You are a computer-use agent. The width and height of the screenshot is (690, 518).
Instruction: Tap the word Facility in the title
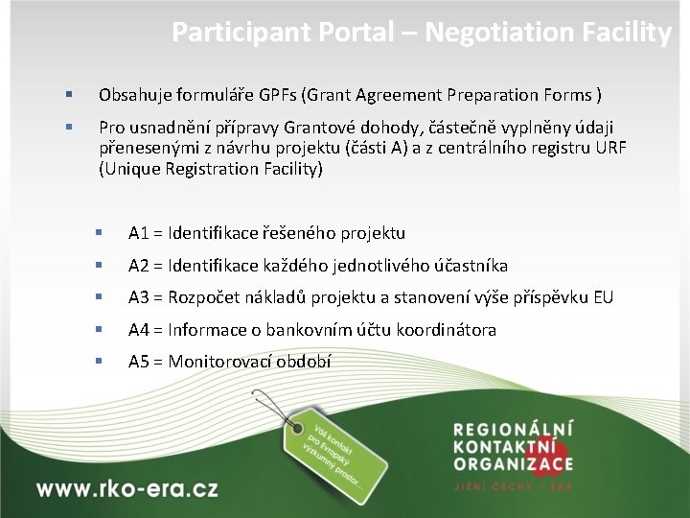[626, 33]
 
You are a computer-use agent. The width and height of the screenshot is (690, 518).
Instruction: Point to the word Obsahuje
[132, 95]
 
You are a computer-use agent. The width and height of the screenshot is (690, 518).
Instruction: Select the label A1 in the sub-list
[138, 233]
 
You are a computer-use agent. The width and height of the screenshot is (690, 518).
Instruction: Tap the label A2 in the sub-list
[138, 266]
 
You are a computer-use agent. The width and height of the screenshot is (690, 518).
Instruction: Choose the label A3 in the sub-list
[138, 297]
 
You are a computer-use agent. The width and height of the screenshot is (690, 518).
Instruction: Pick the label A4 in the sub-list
[138, 330]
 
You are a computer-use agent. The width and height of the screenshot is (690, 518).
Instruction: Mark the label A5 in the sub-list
[138, 362]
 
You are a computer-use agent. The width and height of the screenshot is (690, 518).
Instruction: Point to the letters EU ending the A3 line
[603, 297]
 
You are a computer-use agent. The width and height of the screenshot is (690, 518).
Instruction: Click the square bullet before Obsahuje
[69, 95]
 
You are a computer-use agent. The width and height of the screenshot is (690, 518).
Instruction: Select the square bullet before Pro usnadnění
[69, 127]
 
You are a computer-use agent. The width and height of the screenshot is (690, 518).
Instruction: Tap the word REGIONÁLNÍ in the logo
[513, 429]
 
